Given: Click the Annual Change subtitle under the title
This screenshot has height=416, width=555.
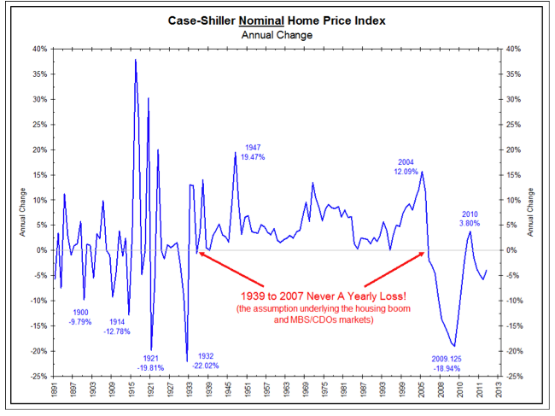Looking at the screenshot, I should pyautogui.click(x=277, y=35).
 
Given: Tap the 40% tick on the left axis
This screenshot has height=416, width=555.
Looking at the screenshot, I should pyautogui.click(x=39, y=49).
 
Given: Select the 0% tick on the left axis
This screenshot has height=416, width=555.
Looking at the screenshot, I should pyautogui.click(x=42, y=250).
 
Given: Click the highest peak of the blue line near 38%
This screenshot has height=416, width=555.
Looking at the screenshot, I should pyautogui.click(x=136, y=60).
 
